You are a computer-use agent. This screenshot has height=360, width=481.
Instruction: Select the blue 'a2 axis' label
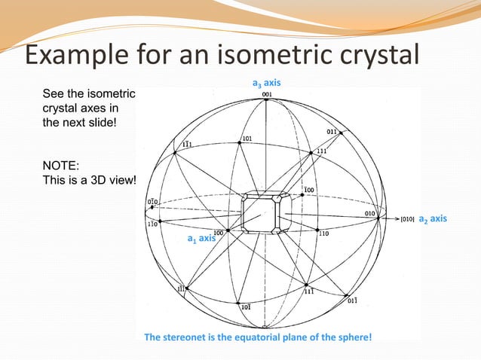coord(433,218)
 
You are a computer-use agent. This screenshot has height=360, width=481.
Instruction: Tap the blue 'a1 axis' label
coord(201,239)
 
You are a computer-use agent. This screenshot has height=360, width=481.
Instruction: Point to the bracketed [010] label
coord(406,219)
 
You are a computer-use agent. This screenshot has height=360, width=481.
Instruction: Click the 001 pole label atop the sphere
coord(267,94)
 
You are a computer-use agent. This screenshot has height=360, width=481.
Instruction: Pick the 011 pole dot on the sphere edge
coord(342,133)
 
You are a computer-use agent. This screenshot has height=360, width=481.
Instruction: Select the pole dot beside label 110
coord(317,229)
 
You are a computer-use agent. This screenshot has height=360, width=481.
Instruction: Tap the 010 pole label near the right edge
coord(370,213)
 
